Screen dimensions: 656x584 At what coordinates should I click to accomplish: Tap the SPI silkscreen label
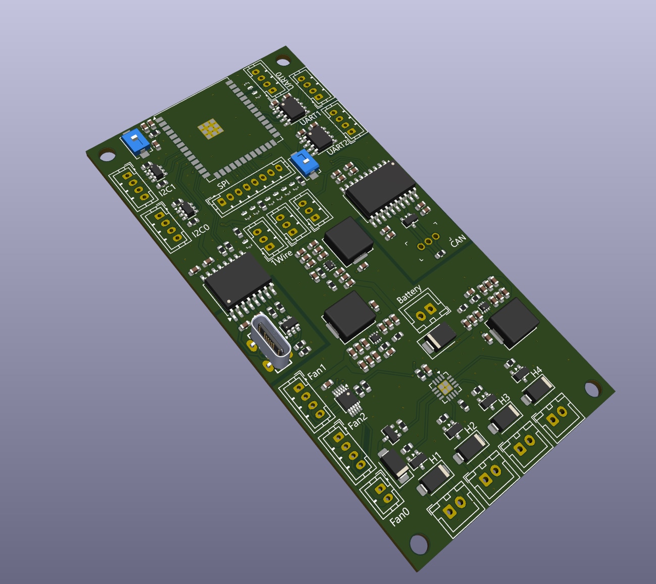pyautogui.click(x=223, y=184)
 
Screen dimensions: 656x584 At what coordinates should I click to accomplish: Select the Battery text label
pyautogui.click(x=409, y=294)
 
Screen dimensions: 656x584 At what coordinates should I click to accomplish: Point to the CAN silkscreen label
pyautogui.click(x=458, y=240)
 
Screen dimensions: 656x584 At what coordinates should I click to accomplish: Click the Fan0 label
pyautogui.click(x=399, y=517)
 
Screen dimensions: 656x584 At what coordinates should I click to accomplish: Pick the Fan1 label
pyautogui.click(x=316, y=372)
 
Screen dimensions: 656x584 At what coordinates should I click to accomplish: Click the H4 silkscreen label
pyautogui.click(x=536, y=372)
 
